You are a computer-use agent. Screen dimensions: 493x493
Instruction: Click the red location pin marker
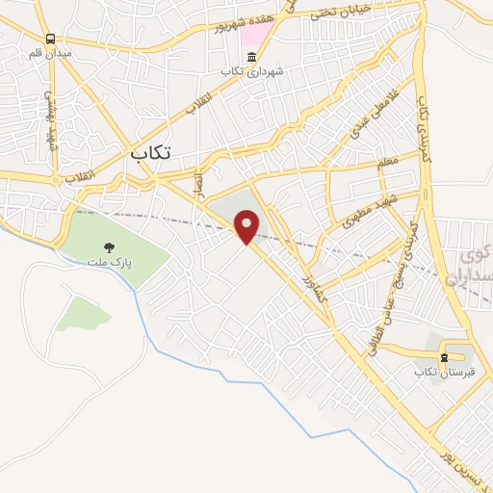click(x=247, y=226)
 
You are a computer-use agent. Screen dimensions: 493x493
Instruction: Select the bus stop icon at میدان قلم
click(x=49, y=38)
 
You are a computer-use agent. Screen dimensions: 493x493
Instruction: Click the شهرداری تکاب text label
click(x=241, y=72)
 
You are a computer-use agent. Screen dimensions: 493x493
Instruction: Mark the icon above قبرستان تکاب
click(x=445, y=356)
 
